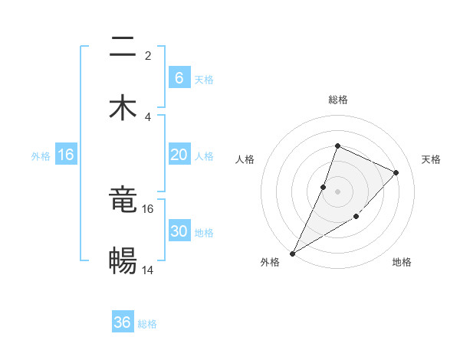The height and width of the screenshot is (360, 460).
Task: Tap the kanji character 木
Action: (123, 107)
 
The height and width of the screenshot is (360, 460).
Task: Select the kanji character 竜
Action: (123, 201)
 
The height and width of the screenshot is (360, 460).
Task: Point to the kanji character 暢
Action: (123, 260)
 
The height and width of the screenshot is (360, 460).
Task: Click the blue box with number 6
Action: (179, 77)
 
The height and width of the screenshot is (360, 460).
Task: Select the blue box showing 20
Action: (179, 155)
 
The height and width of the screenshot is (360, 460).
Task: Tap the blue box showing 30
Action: (179, 231)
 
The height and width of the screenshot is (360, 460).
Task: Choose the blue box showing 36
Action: (123, 322)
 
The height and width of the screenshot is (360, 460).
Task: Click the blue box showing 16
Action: (66, 155)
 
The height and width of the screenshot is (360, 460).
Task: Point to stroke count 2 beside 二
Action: (147, 56)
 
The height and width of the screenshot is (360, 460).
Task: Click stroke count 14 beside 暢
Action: (147, 270)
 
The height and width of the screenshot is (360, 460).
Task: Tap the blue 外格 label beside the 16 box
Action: (41, 155)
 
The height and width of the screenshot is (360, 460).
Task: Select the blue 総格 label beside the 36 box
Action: (147, 323)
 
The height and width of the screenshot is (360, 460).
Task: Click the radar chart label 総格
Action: (337, 100)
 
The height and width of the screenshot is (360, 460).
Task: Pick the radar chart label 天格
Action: (431, 159)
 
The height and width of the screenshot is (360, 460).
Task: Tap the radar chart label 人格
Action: (245, 159)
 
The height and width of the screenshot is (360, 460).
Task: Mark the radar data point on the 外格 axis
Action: (292, 253)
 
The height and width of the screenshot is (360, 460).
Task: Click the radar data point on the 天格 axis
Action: (396, 172)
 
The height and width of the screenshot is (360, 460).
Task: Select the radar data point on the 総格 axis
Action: (337, 146)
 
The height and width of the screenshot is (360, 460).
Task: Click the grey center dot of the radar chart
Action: (337, 191)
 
